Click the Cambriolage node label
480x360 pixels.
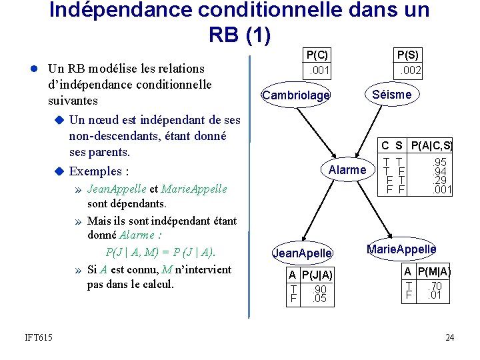click(x=296, y=95)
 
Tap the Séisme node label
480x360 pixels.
click(x=392, y=94)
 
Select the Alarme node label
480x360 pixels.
click(x=347, y=170)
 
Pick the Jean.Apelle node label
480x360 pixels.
click(x=303, y=253)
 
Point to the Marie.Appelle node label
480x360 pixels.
click(x=401, y=249)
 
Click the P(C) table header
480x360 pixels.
click(x=317, y=55)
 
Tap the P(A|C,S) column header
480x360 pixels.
click(x=431, y=145)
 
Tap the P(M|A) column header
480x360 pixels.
click(x=435, y=271)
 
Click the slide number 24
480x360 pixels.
click(x=449, y=338)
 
